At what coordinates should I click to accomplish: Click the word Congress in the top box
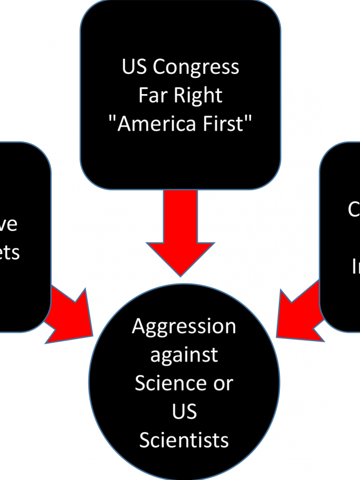pos(196,68)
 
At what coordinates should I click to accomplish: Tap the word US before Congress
pos(135,67)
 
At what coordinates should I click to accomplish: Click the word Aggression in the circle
pos(184,327)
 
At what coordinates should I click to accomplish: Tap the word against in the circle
pos(184,355)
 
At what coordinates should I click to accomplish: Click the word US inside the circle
pos(184,412)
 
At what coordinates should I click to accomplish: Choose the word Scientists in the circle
pos(184,440)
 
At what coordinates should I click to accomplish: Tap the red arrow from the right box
pos(297,310)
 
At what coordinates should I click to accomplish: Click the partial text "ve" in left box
pos(9,224)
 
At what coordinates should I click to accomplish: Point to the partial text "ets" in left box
pos(9,253)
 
